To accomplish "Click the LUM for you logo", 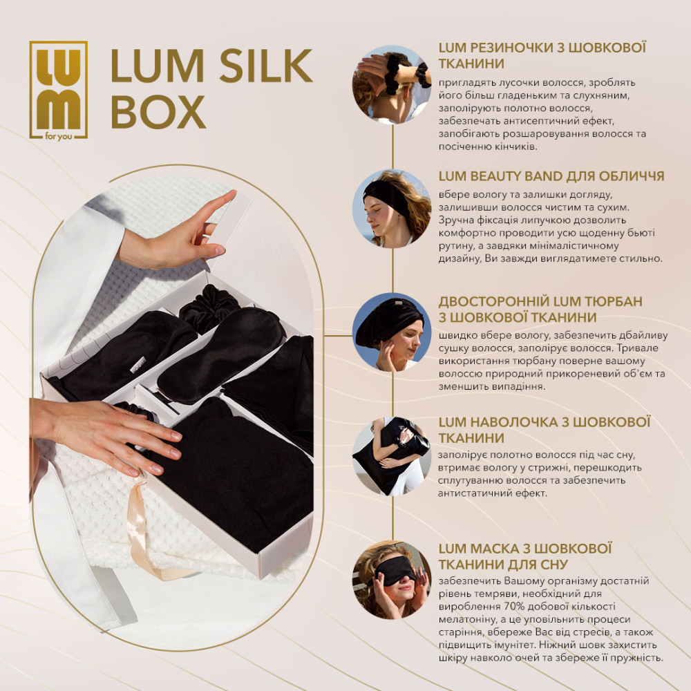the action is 59,91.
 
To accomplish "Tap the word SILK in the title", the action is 266,66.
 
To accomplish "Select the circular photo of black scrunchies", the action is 392,84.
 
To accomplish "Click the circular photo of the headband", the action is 392,209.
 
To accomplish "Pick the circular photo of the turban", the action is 392,332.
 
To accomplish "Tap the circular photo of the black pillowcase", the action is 392,456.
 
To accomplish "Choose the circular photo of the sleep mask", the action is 392,580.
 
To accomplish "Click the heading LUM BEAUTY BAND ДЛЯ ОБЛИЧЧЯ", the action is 551,176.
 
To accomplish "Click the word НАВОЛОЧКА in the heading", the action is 513,422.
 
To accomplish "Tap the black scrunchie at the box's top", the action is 209,307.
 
